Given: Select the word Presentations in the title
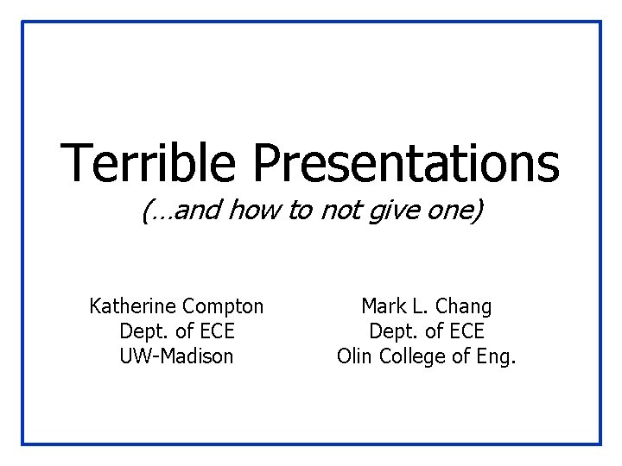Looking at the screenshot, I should click(406, 164).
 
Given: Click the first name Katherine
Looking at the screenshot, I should click(133, 306).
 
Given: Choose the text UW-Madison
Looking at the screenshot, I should click(176, 356).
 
